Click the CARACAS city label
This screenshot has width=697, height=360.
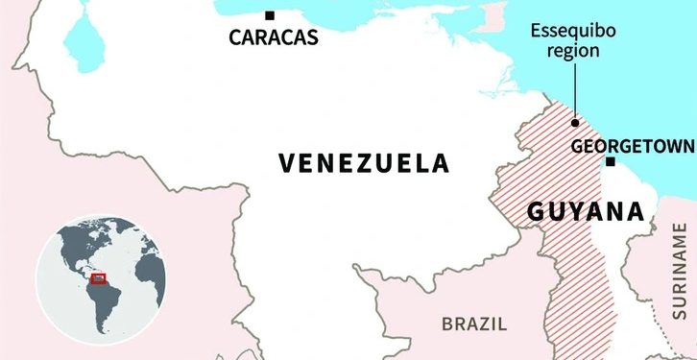click(273, 39)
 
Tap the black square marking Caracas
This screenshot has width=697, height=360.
click(270, 15)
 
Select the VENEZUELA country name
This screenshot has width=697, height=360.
click(364, 162)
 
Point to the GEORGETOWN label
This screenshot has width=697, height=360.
click(632, 147)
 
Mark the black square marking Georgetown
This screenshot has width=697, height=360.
click(610, 162)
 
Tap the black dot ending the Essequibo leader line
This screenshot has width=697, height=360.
click(574, 123)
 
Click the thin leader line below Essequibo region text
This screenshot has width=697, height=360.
click(574, 91)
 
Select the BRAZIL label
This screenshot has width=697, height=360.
click(473, 324)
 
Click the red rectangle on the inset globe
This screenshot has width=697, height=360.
click(98, 278)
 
